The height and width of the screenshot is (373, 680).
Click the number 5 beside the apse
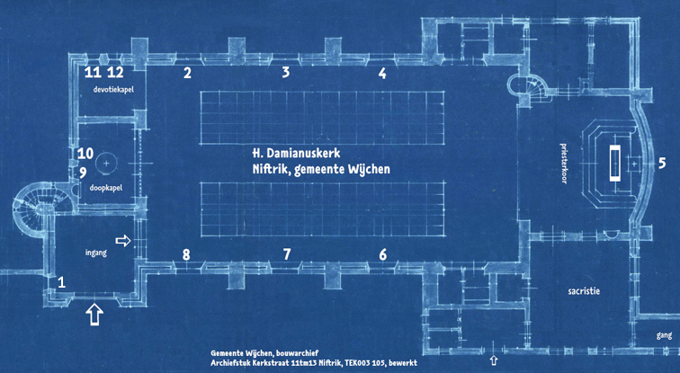tap(661, 164)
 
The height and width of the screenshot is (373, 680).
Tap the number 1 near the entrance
tap(61, 282)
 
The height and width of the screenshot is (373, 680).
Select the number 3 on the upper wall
tap(285, 72)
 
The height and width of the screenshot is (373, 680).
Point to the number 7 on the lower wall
tap(287, 254)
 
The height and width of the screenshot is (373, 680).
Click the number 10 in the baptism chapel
tap(85, 153)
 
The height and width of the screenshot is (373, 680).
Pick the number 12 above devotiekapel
tap(115, 72)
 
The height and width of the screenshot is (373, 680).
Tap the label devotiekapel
tap(113, 90)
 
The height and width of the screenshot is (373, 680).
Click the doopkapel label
tap(106, 188)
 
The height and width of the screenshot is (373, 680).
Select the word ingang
tap(96, 253)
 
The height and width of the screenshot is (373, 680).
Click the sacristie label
tap(584, 291)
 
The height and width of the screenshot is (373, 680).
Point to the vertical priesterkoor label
tap(564, 164)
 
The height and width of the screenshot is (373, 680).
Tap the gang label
tap(664, 335)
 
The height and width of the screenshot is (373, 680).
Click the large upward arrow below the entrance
tap(94, 315)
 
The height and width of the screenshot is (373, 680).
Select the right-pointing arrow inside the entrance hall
tap(123, 241)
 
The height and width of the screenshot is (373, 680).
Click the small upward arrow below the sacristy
tap(494, 360)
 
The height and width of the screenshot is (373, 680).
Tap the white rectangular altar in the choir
tap(615, 163)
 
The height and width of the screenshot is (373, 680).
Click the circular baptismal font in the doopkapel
tap(107, 164)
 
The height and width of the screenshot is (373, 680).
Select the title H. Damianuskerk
tap(296, 154)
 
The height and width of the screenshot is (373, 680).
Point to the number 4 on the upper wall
tap(382, 73)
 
